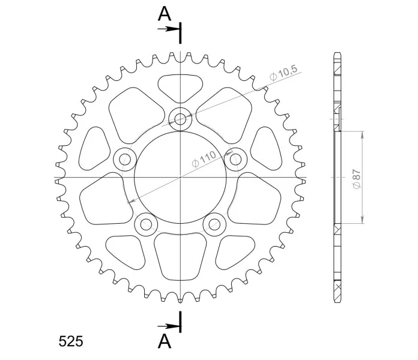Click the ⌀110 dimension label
[204, 159]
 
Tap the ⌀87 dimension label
[357, 179]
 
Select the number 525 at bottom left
[71, 341]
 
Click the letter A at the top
[164, 14]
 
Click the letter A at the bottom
[164, 341]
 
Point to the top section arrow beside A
[168, 29]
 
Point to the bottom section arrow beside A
[168, 326]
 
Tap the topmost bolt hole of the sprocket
[181, 119]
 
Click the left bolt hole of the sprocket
[125, 160]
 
